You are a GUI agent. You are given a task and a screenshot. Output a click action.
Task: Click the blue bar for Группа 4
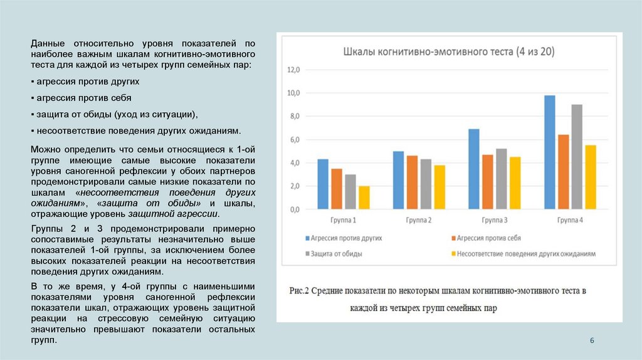[550, 152]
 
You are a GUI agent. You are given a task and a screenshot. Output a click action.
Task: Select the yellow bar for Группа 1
[364, 197]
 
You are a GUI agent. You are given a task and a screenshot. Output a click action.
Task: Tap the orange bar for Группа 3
[488, 181]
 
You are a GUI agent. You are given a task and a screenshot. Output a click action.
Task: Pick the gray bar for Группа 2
[426, 184]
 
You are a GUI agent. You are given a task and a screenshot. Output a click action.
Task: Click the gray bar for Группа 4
[577, 156]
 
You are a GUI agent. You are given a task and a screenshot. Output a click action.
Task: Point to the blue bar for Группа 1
[323, 184]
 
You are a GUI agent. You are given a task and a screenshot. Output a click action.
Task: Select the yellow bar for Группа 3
[515, 183]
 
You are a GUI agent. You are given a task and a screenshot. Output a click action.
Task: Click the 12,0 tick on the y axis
[293, 70]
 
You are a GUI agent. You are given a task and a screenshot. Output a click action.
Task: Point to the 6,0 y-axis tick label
[293, 140]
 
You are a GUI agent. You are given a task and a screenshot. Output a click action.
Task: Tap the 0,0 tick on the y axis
[293, 209]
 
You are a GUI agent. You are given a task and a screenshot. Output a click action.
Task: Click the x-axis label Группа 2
[419, 220]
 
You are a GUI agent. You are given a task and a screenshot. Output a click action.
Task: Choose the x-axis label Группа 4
[570, 220]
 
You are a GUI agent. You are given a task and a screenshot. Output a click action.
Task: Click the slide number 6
[592, 340]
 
